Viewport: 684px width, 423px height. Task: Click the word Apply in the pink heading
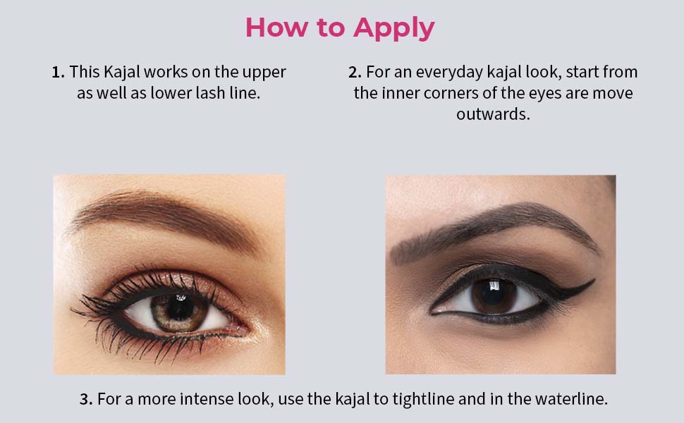point(394,28)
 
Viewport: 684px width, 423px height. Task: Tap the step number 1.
point(58,72)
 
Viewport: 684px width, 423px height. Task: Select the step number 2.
point(355,72)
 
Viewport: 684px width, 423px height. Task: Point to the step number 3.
point(86,399)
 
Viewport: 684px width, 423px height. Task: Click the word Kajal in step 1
point(122,73)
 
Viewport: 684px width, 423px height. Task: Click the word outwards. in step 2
point(493,114)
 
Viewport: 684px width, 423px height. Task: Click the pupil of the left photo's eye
point(180,308)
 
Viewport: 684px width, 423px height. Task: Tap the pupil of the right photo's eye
point(494,295)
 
